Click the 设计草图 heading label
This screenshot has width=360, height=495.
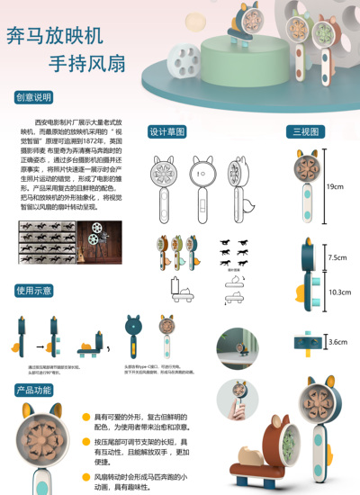pos(167,132)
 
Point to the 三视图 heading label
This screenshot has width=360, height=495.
pos(304,132)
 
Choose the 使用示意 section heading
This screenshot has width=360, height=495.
pos(34,291)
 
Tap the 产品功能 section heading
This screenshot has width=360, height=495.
pos(34,390)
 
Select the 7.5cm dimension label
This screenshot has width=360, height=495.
pos(337,257)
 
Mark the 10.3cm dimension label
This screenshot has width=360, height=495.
pos(339,292)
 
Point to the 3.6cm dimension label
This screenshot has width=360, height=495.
pos(337,342)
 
